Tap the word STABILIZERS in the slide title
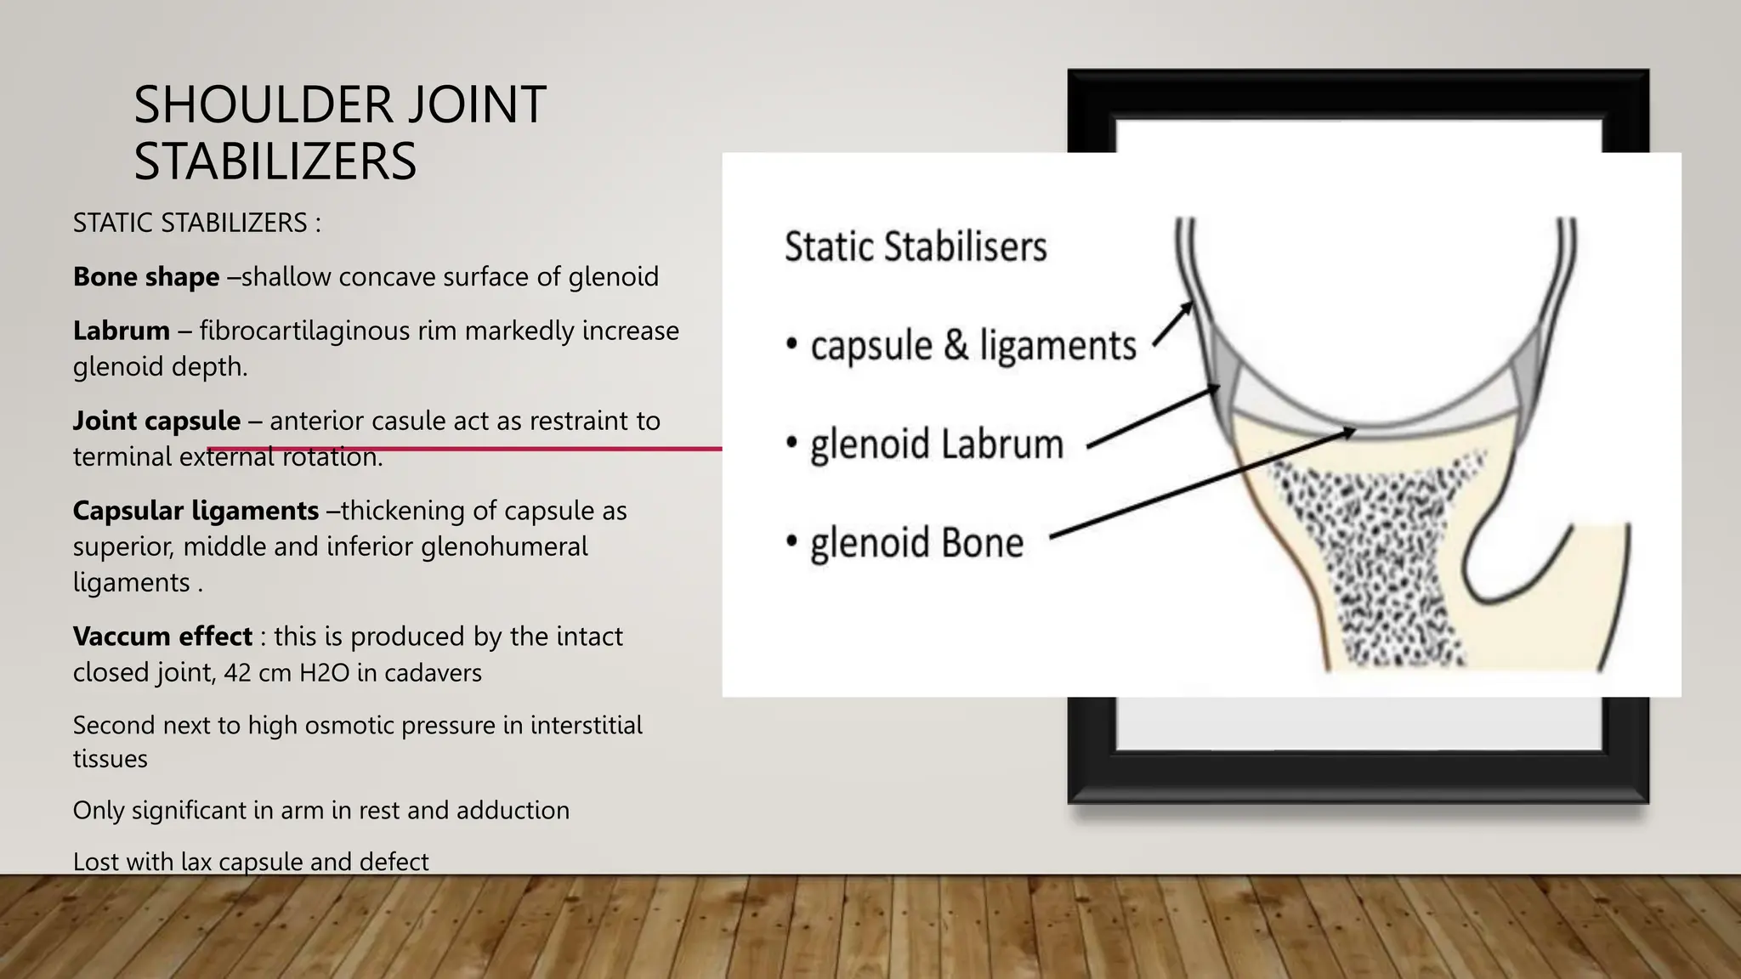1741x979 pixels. pos(275,161)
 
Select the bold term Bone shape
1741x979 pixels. pos(146,277)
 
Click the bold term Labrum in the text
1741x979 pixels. pos(122,331)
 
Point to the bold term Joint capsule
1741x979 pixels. pos(156,421)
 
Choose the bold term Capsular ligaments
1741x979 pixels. pos(196,511)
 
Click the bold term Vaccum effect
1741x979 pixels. pos(162,637)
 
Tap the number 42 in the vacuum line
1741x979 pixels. pos(237,673)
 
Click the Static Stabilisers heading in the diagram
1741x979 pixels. pos(915,247)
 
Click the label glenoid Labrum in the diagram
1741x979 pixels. pos(936,444)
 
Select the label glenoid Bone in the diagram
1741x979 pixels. pos(916,543)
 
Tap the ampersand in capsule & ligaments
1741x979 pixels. pos(956,346)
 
